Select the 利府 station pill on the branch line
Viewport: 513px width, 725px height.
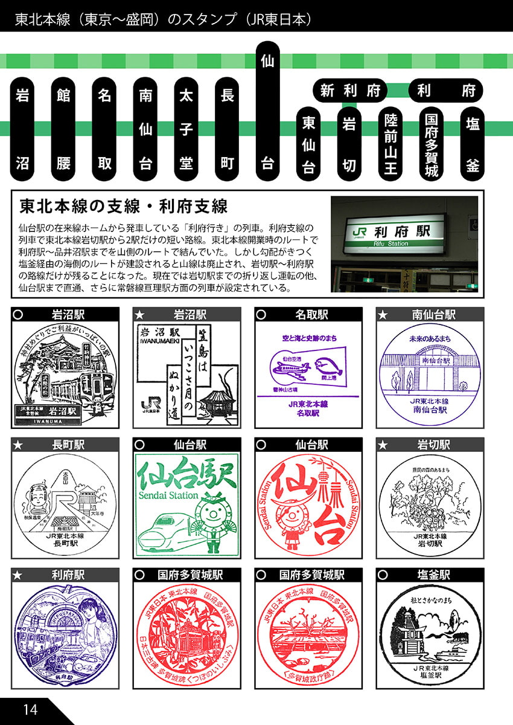click(447, 91)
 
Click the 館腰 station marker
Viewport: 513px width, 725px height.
click(63, 129)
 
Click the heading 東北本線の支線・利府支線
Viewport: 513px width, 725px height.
click(124, 206)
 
